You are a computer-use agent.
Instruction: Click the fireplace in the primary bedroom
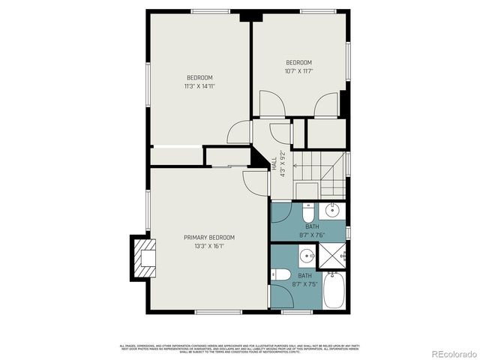coord(142,257)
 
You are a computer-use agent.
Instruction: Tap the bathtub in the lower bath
coord(335,292)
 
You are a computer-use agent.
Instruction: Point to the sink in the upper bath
coord(336,210)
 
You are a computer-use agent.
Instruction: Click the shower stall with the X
coord(333,257)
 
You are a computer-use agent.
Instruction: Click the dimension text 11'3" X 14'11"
coord(199,86)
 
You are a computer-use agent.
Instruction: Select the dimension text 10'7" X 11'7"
coord(298,71)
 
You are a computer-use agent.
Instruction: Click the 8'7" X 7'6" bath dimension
coord(311,234)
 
